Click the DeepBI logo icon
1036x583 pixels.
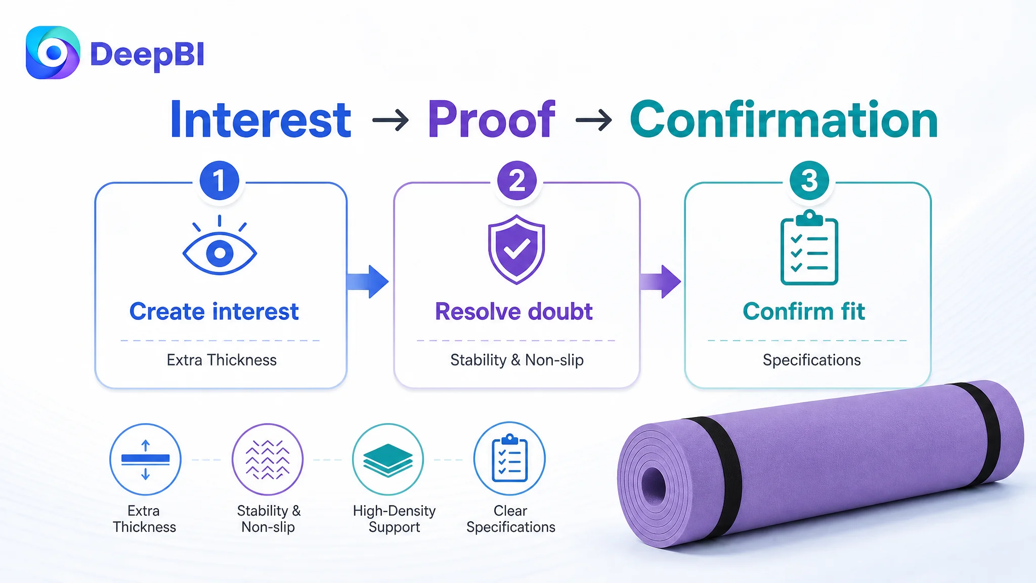click(53, 53)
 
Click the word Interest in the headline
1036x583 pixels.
click(261, 120)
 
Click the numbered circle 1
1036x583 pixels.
click(219, 181)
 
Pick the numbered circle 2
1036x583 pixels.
click(516, 181)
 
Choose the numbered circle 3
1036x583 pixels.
click(809, 181)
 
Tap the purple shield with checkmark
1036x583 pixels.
click(516, 249)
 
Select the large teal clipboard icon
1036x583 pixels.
click(809, 247)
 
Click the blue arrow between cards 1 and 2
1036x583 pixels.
click(368, 281)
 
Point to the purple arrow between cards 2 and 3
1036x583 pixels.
click(660, 281)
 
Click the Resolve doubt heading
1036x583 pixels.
click(514, 311)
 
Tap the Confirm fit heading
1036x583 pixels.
click(804, 311)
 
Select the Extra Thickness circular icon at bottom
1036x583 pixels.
click(145, 459)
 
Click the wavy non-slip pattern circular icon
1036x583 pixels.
click(268, 459)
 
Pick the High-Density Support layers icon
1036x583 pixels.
click(388, 459)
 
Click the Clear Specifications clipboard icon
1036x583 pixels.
click(509, 458)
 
